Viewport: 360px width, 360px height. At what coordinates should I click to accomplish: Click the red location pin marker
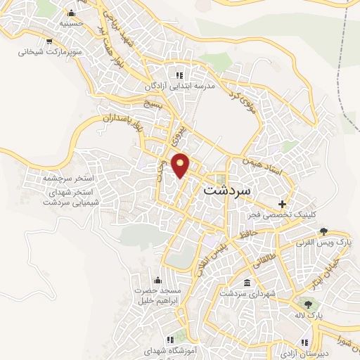click(181, 165)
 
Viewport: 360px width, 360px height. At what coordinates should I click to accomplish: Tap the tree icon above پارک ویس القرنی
click(323, 231)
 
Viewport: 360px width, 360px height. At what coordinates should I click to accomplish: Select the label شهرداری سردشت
click(246, 293)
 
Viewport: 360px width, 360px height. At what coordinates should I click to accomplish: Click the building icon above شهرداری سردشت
click(246, 283)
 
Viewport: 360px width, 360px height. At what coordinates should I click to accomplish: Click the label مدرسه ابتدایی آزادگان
click(179, 86)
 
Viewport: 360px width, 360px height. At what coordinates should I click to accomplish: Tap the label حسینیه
click(70, 23)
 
